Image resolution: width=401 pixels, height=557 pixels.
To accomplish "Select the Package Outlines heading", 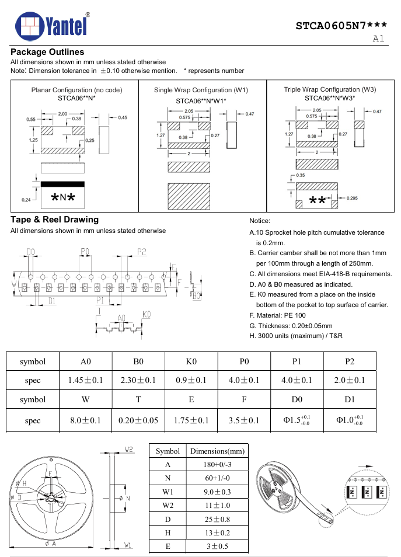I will click(x=47, y=53).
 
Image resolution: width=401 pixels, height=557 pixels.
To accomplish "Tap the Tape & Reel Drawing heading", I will click(x=54, y=220).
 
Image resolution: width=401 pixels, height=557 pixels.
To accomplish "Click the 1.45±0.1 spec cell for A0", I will click(x=85, y=380).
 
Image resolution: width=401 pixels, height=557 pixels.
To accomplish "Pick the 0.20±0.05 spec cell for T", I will click(x=138, y=420).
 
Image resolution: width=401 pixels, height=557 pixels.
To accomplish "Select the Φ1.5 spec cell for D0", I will click(x=297, y=420).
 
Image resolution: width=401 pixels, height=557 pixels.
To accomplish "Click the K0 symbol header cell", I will click(x=191, y=361).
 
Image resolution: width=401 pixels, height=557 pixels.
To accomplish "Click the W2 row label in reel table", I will click(x=168, y=505).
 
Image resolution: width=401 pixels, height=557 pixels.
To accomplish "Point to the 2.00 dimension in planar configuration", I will click(x=62, y=114).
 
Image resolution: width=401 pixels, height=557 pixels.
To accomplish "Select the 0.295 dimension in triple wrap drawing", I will click(x=352, y=199).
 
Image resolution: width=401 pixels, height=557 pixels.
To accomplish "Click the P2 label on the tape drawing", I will click(x=141, y=252).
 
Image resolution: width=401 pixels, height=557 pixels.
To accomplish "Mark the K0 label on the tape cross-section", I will click(x=147, y=314).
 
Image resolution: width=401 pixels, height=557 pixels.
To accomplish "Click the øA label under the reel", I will click(x=50, y=544).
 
